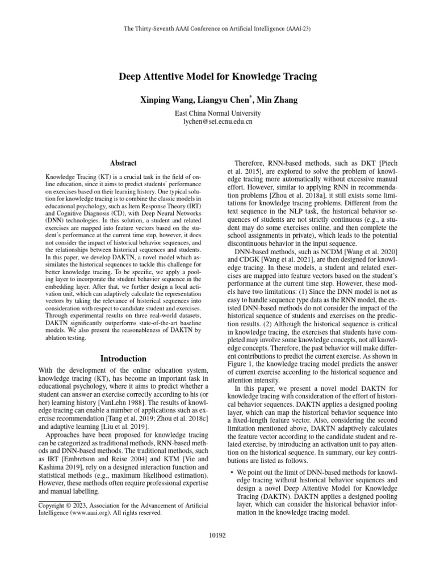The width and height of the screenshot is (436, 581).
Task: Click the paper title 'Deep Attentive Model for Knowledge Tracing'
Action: pyautogui.click(x=218, y=76)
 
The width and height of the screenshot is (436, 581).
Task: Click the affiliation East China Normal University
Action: pyautogui.click(x=218, y=113)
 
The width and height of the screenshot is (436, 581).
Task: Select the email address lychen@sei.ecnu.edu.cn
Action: pyautogui.click(x=218, y=121)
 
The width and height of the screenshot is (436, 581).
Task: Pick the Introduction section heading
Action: pyautogui.click(x=123, y=359)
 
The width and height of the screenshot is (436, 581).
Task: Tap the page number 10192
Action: pyautogui.click(x=218, y=534)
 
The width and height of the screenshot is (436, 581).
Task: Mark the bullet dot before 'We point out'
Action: pyautogui.click(x=229, y=472)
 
